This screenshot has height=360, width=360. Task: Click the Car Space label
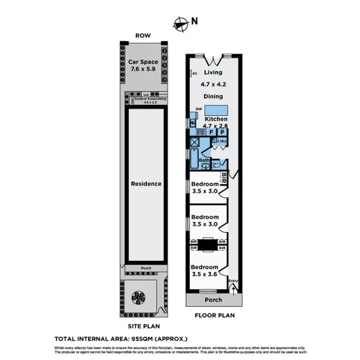tap(143, 61)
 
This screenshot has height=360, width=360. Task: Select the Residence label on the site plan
tap(146, 184)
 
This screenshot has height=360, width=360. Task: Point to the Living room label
tap(213, 72)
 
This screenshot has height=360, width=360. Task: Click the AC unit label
tap(195, 73)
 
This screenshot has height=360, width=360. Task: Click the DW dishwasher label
tap(198, 108)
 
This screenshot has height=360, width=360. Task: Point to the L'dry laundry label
tap(221, 141)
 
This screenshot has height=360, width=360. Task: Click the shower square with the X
tap(195, 142)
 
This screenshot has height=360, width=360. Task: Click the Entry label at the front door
tap(233, 281)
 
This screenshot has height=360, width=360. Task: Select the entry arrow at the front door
tap(234, 288)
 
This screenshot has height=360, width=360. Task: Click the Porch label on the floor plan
tap(214, 300)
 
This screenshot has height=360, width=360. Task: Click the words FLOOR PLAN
tap(215, 316)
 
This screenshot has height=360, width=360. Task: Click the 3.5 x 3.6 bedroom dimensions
tap(204, 274)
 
